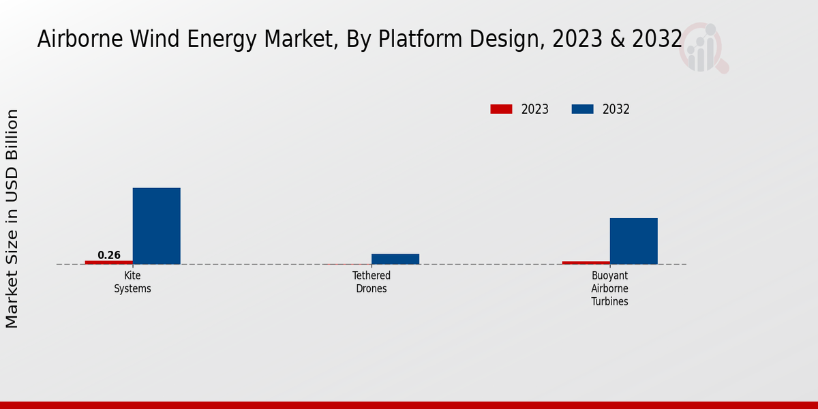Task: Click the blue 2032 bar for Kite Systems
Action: pos(156,226)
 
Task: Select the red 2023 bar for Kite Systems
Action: pos(108,262)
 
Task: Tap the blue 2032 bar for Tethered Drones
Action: pos(395,258)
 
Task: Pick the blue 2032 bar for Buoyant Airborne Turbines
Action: pos(633,241)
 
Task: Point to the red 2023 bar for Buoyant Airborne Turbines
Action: pos(586,262)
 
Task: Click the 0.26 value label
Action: pos(109,255)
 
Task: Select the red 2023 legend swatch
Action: pos(501,109)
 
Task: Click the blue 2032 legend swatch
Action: pos(582,109)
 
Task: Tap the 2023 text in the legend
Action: pos(535,109)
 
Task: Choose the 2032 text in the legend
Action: pos(616,109)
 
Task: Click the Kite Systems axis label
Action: pos(132,282)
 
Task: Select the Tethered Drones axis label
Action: pos(372,282)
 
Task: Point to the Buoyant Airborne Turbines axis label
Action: pos(609,288)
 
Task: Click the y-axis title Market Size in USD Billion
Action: pos(12,218)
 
